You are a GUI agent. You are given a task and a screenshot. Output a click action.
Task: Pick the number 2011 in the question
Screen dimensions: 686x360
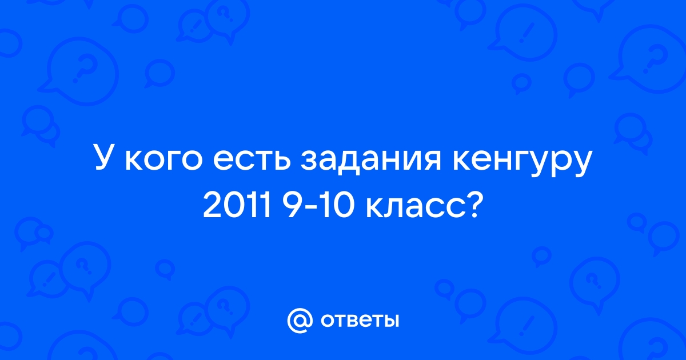pos(237,207)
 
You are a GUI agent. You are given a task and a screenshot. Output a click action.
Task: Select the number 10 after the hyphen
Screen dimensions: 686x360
pos(337,207)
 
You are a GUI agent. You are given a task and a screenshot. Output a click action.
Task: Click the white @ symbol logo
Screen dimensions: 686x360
pos(300,321)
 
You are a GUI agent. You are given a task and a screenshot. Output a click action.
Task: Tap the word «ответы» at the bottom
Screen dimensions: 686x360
pos(360,321)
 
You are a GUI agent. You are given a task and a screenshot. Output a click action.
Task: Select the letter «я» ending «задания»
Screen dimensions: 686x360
pos(431,161)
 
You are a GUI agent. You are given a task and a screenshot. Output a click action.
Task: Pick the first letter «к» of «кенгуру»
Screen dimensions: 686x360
pos(462,161)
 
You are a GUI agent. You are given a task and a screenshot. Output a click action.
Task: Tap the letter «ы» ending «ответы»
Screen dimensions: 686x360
pos(390,321)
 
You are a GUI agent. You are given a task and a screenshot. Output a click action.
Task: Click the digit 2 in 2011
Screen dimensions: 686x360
pos(212,207)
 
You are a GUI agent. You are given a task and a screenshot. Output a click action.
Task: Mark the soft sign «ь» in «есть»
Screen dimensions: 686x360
pos(281,161)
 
